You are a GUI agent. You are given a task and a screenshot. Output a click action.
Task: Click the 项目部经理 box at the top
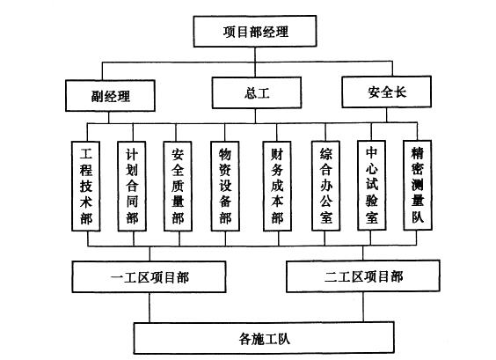tap(255, 32)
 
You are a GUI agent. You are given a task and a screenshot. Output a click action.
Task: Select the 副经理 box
tap(110, 96)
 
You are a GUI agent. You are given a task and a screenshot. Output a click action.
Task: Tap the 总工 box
tap(257, 92)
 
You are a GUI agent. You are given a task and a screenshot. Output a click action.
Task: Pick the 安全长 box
tap(387, 92)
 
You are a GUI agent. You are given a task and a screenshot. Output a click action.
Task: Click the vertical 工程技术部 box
tap(85, 187)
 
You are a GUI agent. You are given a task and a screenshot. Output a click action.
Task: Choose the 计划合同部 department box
tap(132, 187)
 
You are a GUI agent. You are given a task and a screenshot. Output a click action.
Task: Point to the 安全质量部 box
tap(178, 187)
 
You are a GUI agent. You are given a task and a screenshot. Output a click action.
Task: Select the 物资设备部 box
tap(225, 187)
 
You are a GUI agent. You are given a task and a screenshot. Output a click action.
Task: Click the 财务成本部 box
tap(277, 187)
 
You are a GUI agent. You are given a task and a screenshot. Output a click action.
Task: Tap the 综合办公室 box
tap(325, 186)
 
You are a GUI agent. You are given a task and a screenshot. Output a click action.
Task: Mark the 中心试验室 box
tap(372, 185)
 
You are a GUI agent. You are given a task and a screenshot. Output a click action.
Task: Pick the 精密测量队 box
tap(418, 185)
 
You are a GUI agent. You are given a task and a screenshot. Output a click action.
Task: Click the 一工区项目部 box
tap(149, 276)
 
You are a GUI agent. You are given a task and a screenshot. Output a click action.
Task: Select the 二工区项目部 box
tap(363, 276)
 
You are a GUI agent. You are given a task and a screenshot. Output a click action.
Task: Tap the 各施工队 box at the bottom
tap(264, 338)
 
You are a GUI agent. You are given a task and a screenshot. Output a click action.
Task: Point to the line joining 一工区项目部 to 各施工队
tap(150, 307)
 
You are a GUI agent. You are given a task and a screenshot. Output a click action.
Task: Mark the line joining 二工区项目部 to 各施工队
tap(363, 307)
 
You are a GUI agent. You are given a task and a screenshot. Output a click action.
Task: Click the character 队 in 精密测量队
tap(418, 217)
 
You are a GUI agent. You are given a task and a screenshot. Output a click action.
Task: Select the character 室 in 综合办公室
tap(325, 217)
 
